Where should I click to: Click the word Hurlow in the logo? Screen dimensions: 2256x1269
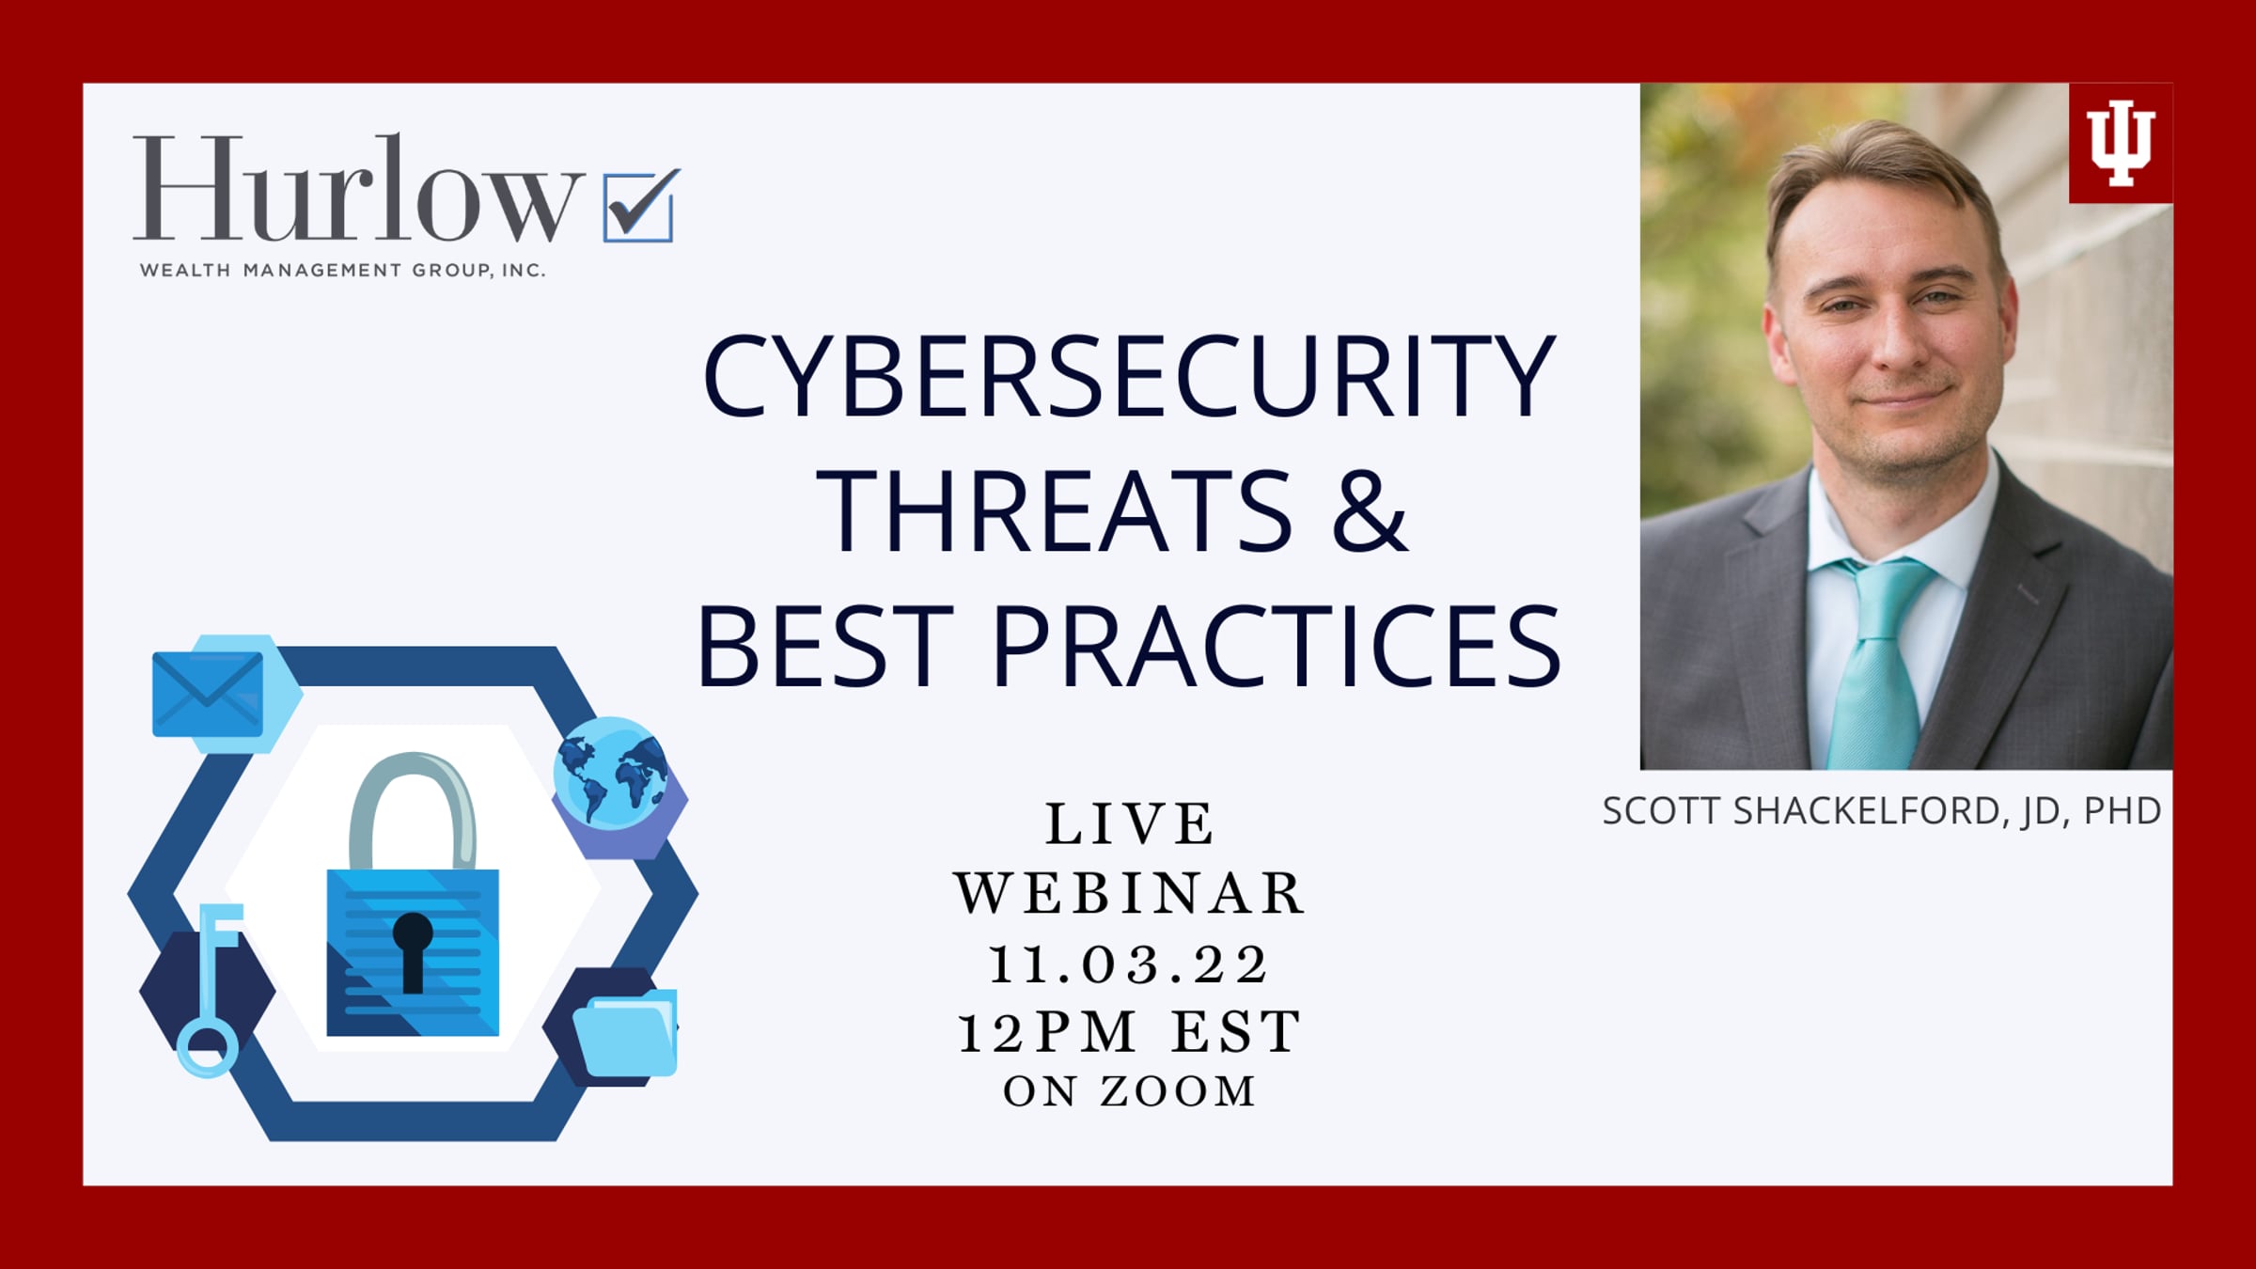(358, 187)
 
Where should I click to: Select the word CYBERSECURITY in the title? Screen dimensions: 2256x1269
(1129, 375)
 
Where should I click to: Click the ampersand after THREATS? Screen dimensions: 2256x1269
(1370, 510)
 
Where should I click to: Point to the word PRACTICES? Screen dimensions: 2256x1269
(1277, 647)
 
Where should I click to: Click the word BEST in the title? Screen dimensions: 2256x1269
(825, 647)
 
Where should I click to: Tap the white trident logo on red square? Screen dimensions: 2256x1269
(2121, 143)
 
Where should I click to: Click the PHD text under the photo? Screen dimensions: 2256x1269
(2123, 810)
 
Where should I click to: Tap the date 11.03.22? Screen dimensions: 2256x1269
(1129, 964)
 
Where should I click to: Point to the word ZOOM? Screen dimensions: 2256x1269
(1179, 1091)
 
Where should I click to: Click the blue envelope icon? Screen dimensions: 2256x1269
(208, 694)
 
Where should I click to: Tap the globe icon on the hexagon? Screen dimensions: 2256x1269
(611, 773)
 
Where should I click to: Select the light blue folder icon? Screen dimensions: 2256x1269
(625, 1032)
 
